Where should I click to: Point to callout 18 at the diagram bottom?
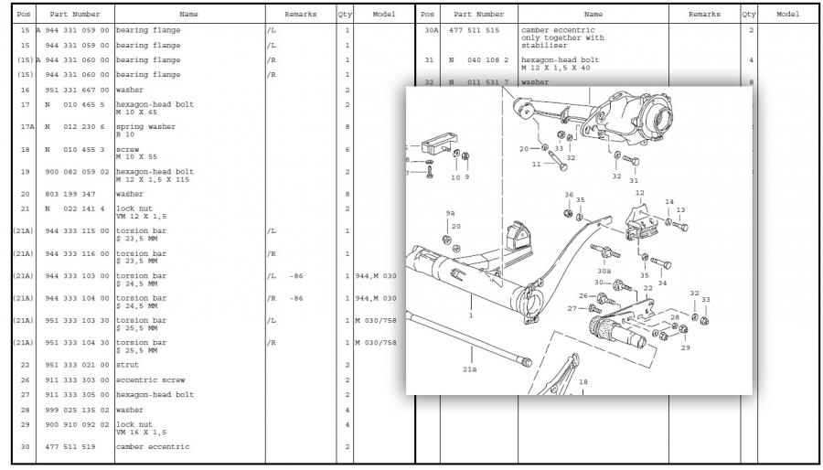tap(583, 382)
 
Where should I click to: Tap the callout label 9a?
tap(450, 213)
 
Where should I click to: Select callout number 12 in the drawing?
tap(639, 194)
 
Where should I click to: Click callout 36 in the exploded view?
tap(569, 195)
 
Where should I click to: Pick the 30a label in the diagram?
tap(604, 271)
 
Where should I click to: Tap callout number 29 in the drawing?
tap(684, 347)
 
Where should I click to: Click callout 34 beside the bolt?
tap(662, 283)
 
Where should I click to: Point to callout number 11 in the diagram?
tap(536, 165)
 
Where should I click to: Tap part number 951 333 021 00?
tap(78, 365)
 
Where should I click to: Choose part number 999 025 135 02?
tap(78, 410)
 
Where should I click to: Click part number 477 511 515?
tap(474, 30)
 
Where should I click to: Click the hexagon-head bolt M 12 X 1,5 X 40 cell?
tap(558, 63)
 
